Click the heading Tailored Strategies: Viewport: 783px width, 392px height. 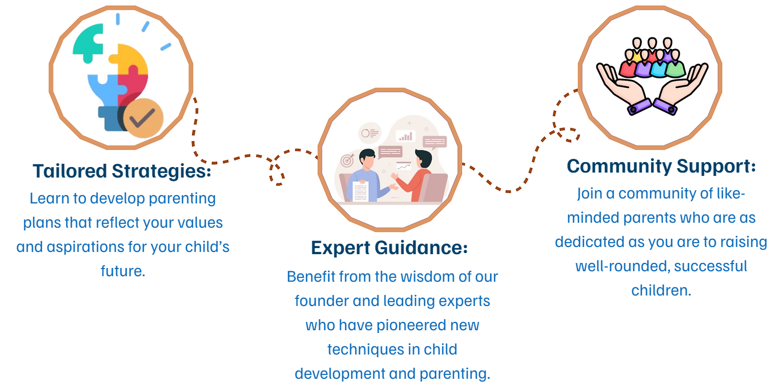click(x=122, y=171)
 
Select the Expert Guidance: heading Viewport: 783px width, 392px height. click(x=389, y=248)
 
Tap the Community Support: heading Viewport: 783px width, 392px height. click(x=661, y=167)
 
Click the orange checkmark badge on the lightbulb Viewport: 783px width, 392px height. click(x=143, y=118)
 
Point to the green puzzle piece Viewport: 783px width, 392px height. click(x=87, y=42)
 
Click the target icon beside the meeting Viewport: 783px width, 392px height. click(x=347, y=160)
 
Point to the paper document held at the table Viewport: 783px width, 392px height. click(x=361, y=191)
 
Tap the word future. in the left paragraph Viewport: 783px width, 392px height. click(x=123, y=271)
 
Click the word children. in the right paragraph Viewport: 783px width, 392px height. click(x=661, y=291)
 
